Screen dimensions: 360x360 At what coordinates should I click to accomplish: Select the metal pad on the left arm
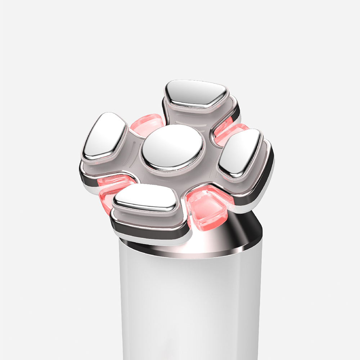click(x=105, y=136)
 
